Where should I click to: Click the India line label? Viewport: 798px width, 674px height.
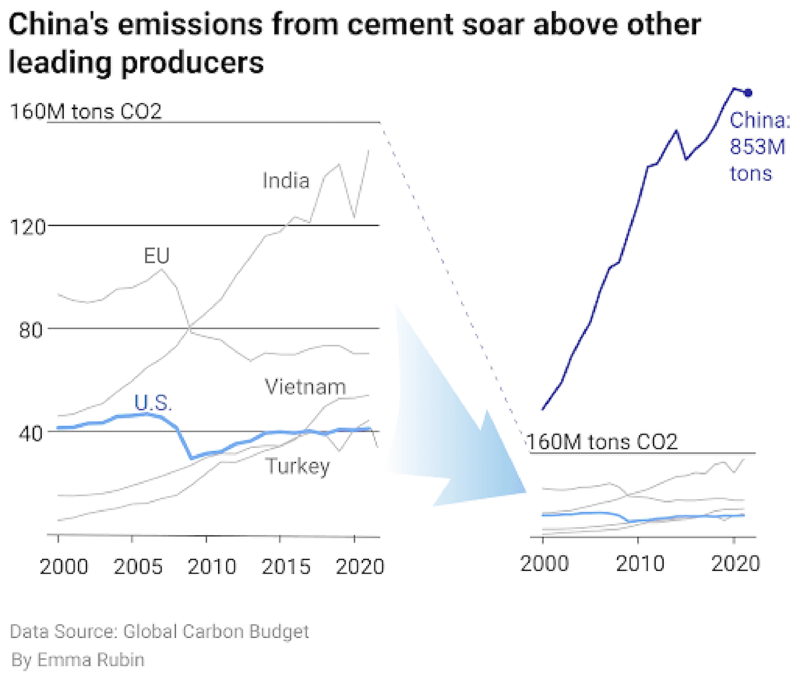click(x=285, y=180)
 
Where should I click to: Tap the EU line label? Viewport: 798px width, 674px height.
click(x=157, y=255)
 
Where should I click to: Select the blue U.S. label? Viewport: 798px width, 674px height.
click(x=153, y=403)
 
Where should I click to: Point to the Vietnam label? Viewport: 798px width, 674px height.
click(x=305, y=387)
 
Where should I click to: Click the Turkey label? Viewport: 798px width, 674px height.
click(x=298, y=466)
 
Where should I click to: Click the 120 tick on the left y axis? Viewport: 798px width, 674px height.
click(x=27, y=226)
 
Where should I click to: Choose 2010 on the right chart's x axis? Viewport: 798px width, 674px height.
click(x=639, y=563)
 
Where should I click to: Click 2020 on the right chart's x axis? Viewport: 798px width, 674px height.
click(x=735, y=563)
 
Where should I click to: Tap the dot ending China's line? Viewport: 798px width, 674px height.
click(x=748, y=92)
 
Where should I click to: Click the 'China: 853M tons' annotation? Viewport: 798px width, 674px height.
click(x=759, y=147)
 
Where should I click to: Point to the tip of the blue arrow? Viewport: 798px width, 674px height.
click(x=525, y=492)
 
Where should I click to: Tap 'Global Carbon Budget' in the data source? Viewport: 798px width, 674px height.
click(x=215, y=631)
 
